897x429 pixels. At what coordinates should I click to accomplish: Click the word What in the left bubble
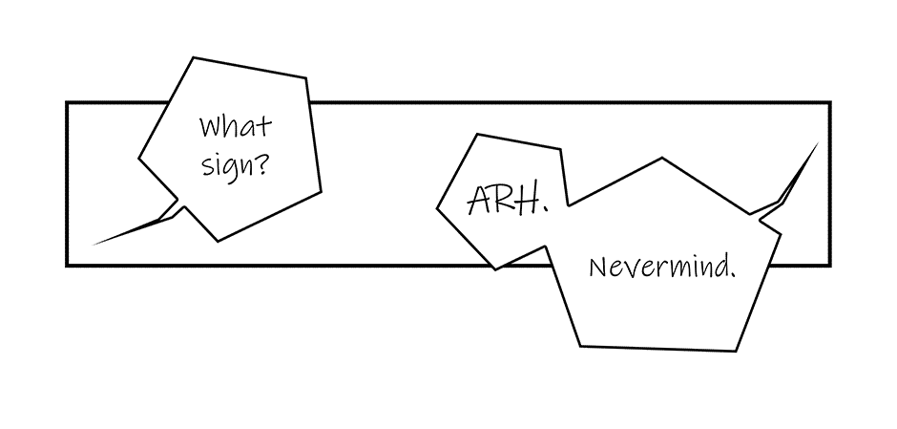[235, 126]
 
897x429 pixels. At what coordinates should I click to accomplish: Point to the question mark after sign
[261, 162]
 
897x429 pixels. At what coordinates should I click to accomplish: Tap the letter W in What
[210, 127]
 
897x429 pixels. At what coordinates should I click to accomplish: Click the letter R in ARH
[503, 199]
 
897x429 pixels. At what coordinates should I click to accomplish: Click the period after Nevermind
[733, 274]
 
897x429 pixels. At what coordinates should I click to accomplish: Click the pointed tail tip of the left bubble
[93, 245]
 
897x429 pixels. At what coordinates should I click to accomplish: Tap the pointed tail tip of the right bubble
[818, 143]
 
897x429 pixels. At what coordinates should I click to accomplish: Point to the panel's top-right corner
[829, 102]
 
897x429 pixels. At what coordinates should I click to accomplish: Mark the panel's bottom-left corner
[67, 264]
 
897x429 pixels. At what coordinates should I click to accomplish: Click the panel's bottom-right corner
[829, 264]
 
